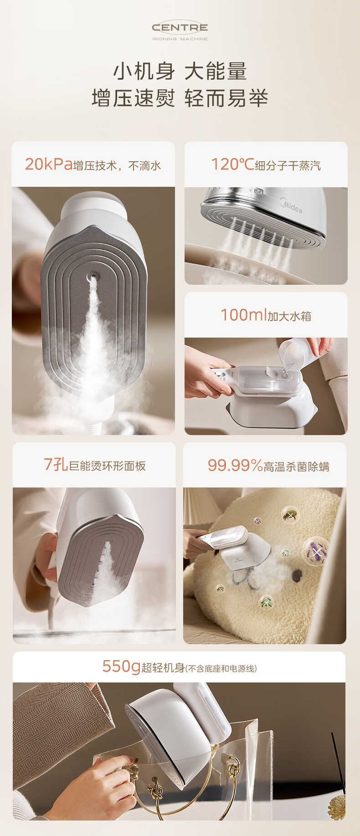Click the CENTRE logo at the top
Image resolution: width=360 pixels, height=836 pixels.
click(180, 28)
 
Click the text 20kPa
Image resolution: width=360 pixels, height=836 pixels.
click(49, 164)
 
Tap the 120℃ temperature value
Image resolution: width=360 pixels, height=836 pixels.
click(232, 164)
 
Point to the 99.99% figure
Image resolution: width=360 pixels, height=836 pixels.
click(235, 465)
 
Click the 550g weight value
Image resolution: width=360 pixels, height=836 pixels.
click(121, 667)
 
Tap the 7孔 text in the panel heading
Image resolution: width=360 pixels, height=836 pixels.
click(56, 465)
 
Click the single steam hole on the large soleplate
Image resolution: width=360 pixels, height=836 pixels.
click(94, 276)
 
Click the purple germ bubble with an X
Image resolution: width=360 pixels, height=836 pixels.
click(315, 552)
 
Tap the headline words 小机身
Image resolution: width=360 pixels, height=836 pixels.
click(144, 72)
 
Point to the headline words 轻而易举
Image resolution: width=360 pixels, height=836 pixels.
click(226, 98)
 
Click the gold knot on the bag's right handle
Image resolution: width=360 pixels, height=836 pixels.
click(233, 770)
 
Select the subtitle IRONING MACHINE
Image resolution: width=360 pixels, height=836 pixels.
click(180, 39)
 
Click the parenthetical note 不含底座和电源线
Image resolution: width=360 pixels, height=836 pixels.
click(221, 668)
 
